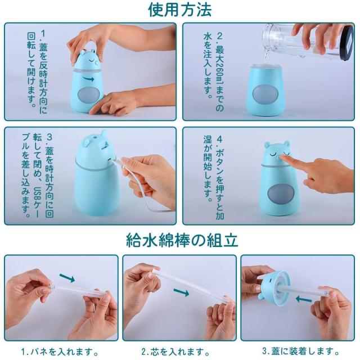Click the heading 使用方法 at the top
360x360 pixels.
point(179,9)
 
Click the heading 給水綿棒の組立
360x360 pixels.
point(182,240)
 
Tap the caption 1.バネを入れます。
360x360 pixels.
point(60,352)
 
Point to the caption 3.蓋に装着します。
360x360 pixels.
point(301,351)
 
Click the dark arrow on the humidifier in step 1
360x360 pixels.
point(89,79)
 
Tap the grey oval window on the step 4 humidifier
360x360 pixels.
point(281,193)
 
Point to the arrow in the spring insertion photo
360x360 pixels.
point(67,277)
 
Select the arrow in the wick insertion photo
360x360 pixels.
point(181,292)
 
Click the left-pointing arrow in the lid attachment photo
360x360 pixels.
point(304,299)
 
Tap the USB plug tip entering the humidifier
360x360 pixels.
point(114,161)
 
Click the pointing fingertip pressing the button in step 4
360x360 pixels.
point(283,158)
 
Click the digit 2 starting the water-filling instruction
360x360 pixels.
point(219,36)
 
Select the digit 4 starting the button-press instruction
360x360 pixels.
point(219,139)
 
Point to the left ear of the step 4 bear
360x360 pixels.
point(267,145)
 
